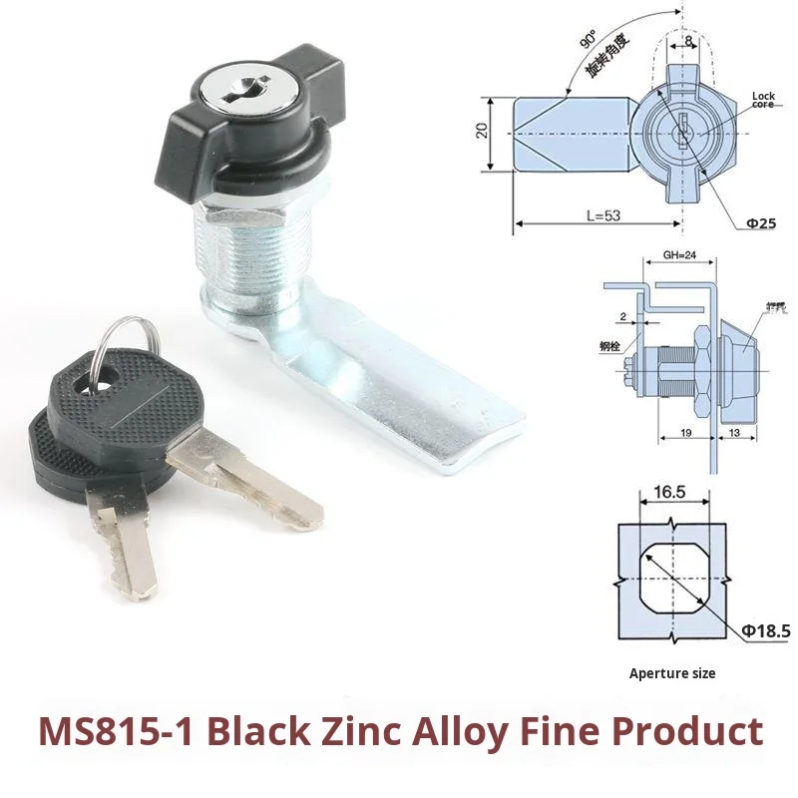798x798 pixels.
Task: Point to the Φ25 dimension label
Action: pos(761,222)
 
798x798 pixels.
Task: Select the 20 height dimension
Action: pos(482,131)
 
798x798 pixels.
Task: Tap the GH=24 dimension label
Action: pos(679,253)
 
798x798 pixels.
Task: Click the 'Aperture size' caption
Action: pos(672,673)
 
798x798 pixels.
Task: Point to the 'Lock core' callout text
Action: pos(763,100)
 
